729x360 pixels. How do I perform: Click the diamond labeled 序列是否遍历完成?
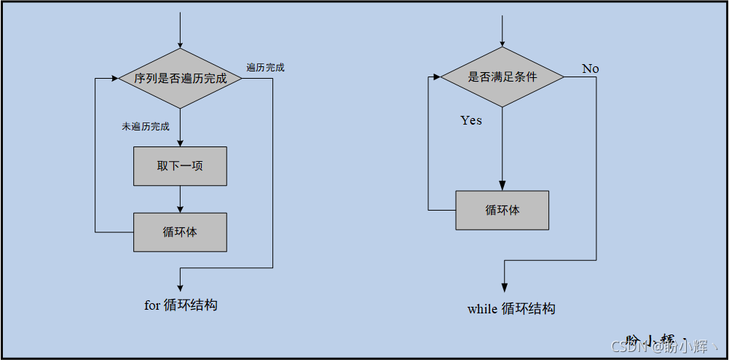coord(180,78)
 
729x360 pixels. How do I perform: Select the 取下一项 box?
coord(180,166)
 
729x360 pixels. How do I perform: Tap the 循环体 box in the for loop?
coord(180,232)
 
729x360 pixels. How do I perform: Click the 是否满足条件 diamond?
coord(503,77)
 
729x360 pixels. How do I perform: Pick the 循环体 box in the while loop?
coord(503,210)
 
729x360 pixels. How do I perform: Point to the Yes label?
coord(471,120)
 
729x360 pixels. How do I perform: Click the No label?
coord(591,69)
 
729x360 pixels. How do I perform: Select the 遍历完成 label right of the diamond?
coord(265,68)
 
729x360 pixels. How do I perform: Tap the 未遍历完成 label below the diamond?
coord(146,126)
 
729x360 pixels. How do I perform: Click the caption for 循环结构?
coord(181,305)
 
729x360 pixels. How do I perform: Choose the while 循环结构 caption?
coord(511,309)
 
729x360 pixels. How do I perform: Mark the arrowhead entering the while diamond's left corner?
coord(436,77)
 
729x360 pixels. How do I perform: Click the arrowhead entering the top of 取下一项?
coord(180,143)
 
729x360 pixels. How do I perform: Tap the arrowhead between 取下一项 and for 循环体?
coord(180,208)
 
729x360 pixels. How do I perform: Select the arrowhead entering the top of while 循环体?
coord(503,187)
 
